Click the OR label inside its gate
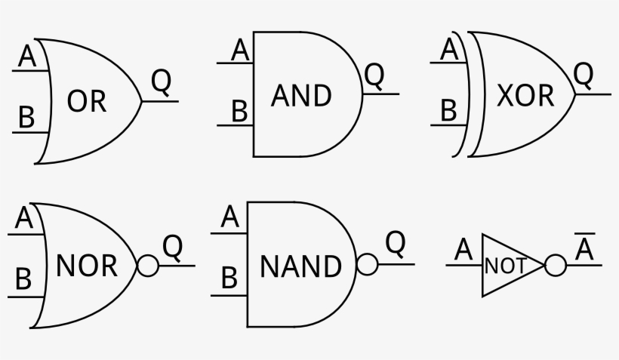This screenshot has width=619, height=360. coord(87,101)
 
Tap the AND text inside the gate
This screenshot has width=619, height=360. coord(301,96)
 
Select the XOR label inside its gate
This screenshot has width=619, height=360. coord(525,96)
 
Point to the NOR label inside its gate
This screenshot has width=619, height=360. coord(87,266)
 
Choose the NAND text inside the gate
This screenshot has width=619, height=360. coord(300,266)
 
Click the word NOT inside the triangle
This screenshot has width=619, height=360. coord(505,266)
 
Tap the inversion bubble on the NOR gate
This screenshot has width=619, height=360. coord(147,266)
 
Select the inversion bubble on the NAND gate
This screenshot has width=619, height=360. coord(367,266)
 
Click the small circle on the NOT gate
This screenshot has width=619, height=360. coord(555,266)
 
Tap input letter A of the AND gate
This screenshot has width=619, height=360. coord(240,51)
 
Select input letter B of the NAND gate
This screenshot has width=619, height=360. coord(229,279)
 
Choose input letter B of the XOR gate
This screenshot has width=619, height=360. coord(448,111)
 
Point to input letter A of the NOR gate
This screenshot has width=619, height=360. coord(25,220)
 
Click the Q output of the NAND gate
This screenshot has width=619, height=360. coord(396,243)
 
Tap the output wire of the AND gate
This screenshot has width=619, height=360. coord(382,94)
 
